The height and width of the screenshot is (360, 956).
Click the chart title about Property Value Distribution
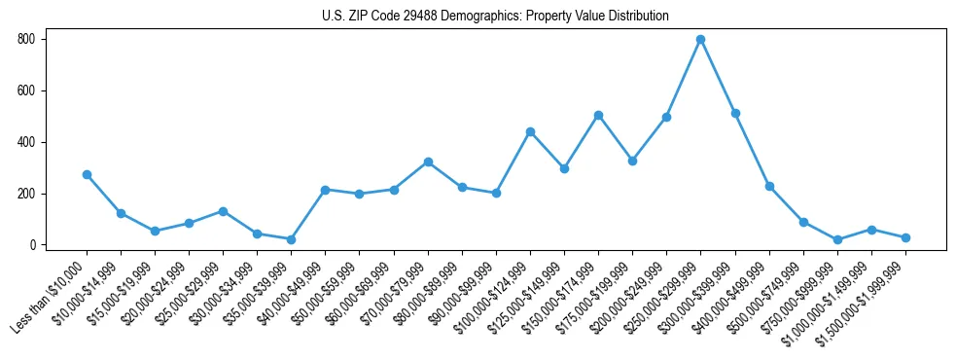click(x=495, y=17)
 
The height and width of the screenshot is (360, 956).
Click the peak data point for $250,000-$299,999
click(x=700, y=40)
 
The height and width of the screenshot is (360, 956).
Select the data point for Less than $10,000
click(x=87, y=174)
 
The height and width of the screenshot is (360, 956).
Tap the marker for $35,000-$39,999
click(x=291, y=239)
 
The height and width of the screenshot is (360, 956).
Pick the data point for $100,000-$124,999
click(x=530, y=131)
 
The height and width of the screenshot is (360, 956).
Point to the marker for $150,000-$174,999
click(x=598, y=115)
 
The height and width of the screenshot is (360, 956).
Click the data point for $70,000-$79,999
click(x=428, y=162)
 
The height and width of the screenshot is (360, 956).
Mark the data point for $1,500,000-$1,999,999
click(x=905, y=237)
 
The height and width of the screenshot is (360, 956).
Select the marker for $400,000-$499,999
click(x=769, y=186)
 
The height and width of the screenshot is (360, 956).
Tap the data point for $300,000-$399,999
click(x=735, y=113)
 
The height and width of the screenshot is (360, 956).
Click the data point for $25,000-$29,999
click(x=223, y=211)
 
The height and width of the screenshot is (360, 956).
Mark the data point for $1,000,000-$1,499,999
click(x=871, y=230)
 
